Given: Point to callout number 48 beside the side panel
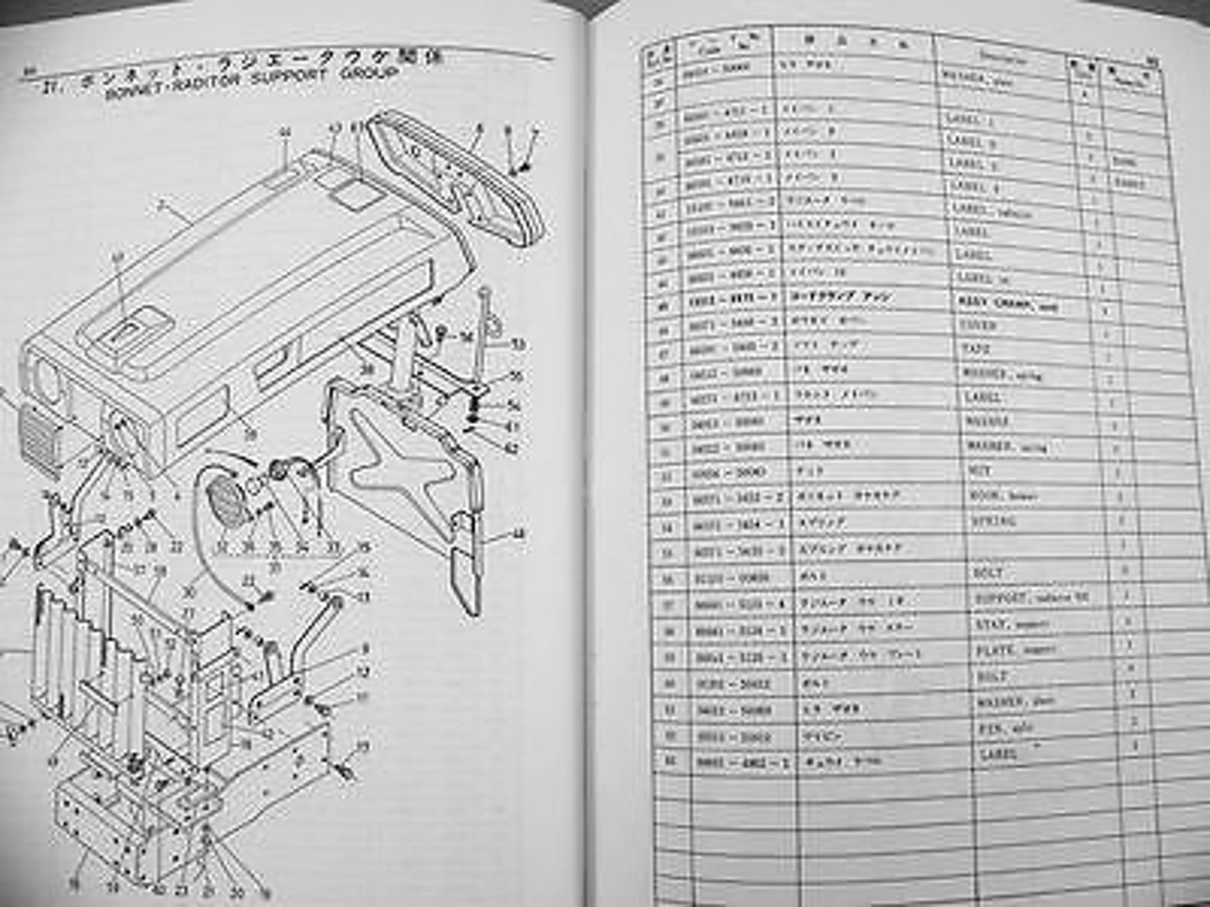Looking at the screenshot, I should tap(517, 535).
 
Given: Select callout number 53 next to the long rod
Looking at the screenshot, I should tap(518, 345).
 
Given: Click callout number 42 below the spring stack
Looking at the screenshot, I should tap(511, 450).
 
